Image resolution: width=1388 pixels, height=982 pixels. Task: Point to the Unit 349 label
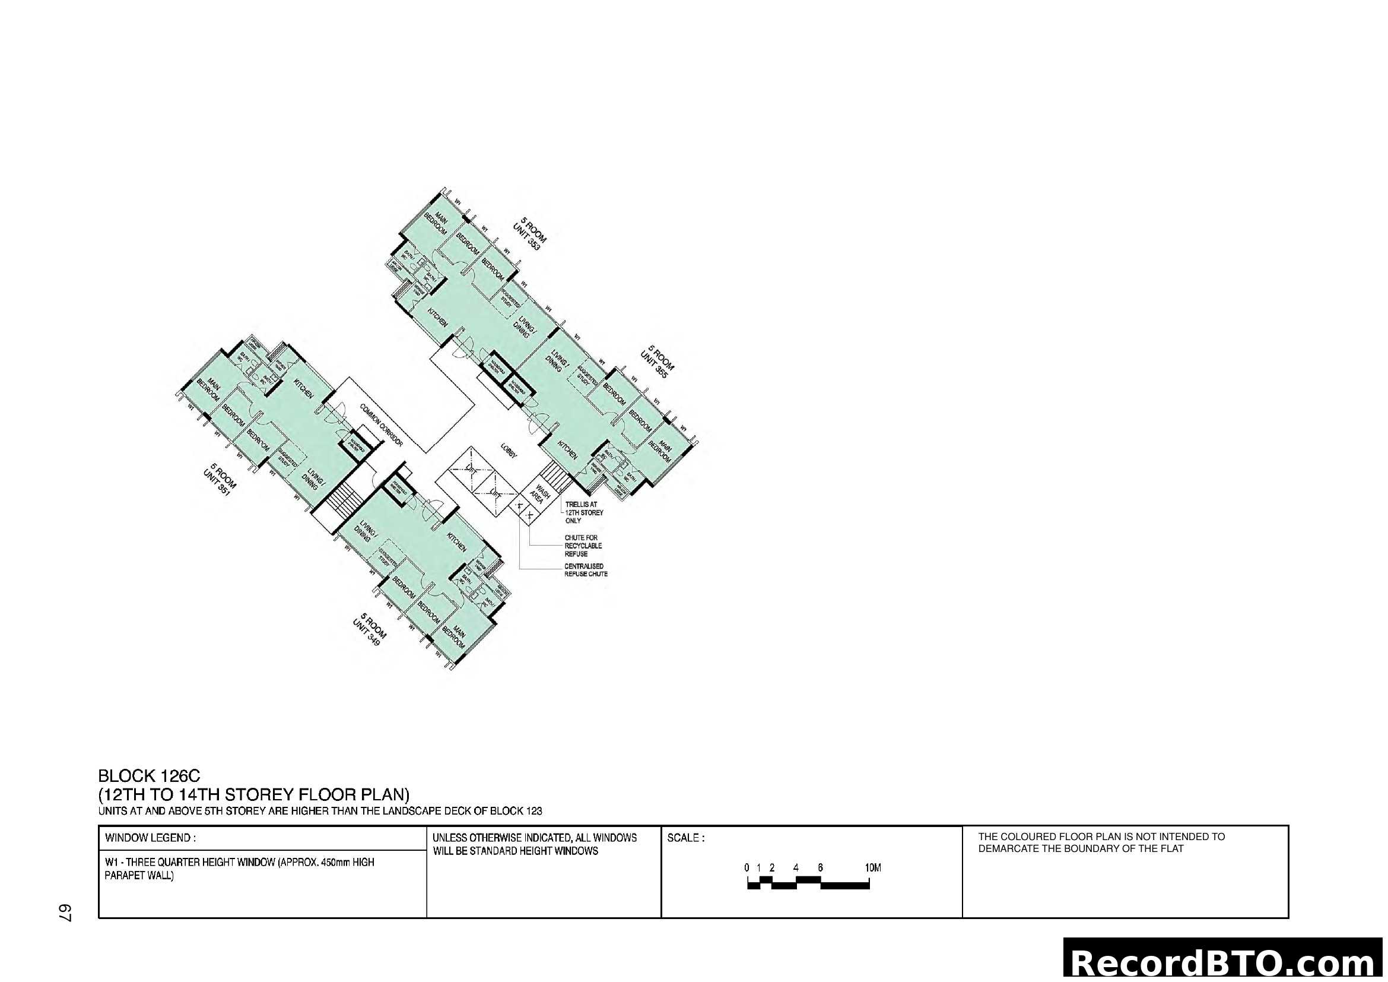coord(369,629)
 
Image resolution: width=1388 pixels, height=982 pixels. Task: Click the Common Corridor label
coord(381,425)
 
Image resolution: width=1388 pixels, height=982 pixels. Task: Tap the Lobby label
coord(509,451)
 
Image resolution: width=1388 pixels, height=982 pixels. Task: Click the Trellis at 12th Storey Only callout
coord(583,512)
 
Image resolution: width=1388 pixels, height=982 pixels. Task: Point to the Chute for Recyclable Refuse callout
coord(583,546)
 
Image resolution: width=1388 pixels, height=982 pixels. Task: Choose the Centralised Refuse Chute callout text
coord(585,570)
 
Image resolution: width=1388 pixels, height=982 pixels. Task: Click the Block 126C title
coord(149,776)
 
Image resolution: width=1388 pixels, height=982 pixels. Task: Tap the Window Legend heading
coord(150,838)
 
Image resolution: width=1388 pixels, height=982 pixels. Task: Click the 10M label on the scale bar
coord(872,868)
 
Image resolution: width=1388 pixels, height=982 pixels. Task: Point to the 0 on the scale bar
coord(747,868)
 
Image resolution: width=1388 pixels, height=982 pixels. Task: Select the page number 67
coord(65,913)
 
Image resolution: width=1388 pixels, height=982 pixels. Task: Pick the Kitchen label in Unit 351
coord(303,388)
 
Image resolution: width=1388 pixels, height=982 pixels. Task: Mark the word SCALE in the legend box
coord(685,838)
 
